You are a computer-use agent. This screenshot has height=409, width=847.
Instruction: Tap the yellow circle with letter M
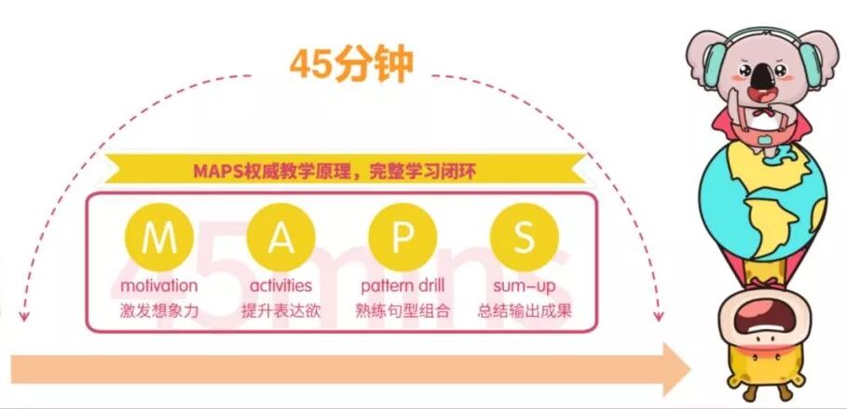(158, 239)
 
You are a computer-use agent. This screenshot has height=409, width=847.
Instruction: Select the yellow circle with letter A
(280, 239)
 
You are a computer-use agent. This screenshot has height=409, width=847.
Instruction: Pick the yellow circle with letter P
(402, 239)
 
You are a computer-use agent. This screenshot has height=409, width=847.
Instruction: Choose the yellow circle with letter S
(524, 239)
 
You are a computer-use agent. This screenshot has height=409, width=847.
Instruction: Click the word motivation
(158, 285)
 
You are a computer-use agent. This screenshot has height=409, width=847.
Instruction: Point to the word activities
(280, 285)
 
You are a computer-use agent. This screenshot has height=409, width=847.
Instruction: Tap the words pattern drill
(403, 285)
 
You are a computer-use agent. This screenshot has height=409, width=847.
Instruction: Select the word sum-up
(524, 285)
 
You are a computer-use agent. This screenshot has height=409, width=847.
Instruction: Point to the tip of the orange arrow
(688, 370)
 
